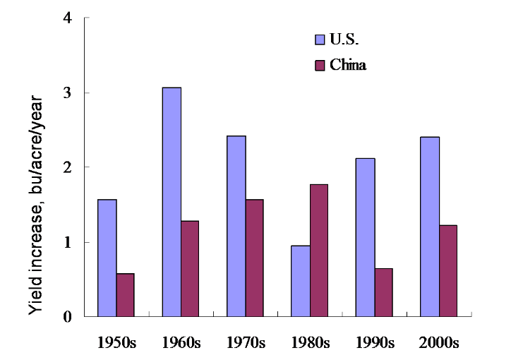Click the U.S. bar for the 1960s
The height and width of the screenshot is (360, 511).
172,202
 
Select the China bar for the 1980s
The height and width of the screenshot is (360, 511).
318,250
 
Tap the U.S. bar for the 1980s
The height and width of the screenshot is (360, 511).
301,281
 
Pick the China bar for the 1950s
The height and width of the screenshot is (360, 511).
125,295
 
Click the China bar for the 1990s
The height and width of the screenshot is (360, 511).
383,292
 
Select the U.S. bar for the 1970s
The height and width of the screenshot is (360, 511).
236,226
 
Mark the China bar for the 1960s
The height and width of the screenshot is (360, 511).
189,268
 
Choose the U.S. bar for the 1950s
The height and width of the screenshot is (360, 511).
107,258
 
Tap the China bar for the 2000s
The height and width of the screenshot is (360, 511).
447,270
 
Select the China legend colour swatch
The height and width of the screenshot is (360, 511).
318,66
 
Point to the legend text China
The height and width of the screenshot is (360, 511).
348,66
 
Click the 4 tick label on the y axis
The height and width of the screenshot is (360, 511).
68,18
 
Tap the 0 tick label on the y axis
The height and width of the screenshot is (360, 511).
68,317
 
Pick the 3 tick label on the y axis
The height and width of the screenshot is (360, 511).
68,93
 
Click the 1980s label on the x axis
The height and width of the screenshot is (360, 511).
310,343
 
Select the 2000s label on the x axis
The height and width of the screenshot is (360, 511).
439,343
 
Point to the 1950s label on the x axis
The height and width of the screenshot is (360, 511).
116,343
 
